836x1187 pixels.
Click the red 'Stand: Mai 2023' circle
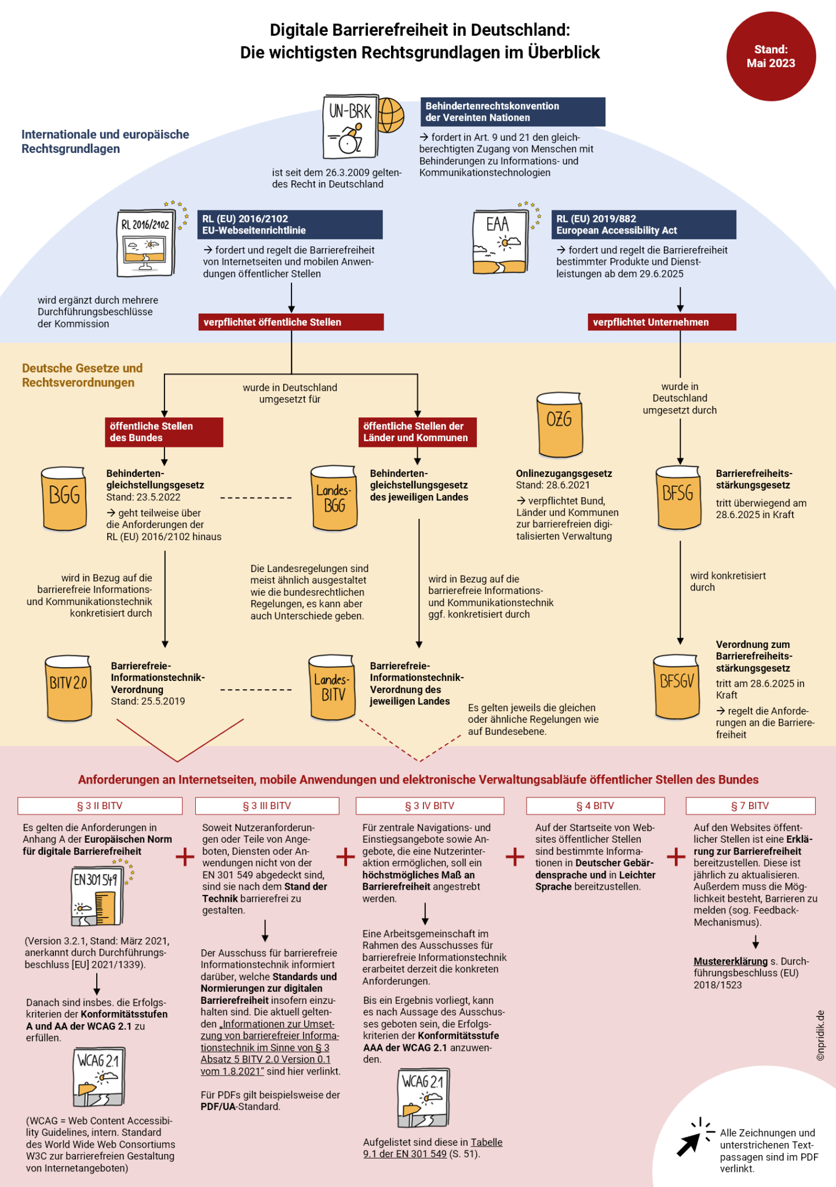[771, 57]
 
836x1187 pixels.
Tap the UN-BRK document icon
[350, 127]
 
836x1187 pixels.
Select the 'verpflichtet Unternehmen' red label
[662, 322]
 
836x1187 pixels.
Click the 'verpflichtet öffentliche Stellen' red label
[291, 322]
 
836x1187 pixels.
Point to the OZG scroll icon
[559, 424]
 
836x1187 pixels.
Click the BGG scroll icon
[64, 498]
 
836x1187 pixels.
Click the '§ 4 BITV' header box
[595, 806]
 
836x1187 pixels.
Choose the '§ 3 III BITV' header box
[267, 806]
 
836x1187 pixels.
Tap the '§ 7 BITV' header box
[750, 806]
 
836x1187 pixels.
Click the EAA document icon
[499, 242]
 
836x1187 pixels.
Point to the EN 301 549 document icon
[97, 896]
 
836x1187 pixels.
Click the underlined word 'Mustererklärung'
[730, 961]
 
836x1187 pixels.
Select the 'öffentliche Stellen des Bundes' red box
[164, 432]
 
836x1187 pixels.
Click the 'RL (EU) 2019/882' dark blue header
[643, 224]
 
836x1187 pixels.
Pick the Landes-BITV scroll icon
[332, 687]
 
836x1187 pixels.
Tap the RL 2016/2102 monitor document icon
[145, 243]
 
